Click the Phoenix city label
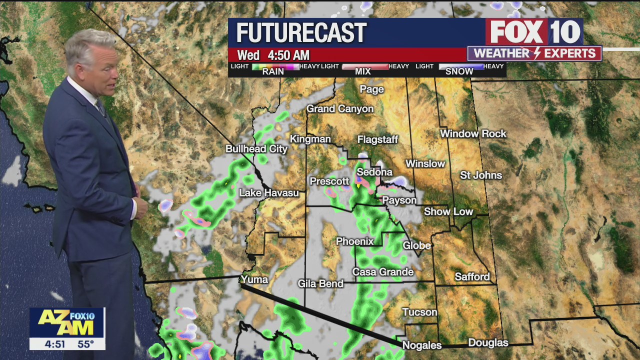[354, 241]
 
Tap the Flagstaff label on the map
[377, 139]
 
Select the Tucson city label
[419, 312]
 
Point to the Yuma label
[254, 279]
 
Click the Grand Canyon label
[340, 108]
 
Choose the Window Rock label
[473, 133]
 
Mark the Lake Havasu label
[268, 192]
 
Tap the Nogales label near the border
[422, 345]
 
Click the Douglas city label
[488, 342]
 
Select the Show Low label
[448, 211]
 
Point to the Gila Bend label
[320, 283]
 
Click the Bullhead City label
[256, 148]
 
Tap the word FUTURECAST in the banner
[301, 33]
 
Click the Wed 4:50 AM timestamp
[273, 55]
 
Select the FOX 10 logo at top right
[534, 32]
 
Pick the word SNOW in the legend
[459, 71]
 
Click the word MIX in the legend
[362, 71]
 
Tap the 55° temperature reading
[85, 344]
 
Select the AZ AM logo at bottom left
[67, 322]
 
